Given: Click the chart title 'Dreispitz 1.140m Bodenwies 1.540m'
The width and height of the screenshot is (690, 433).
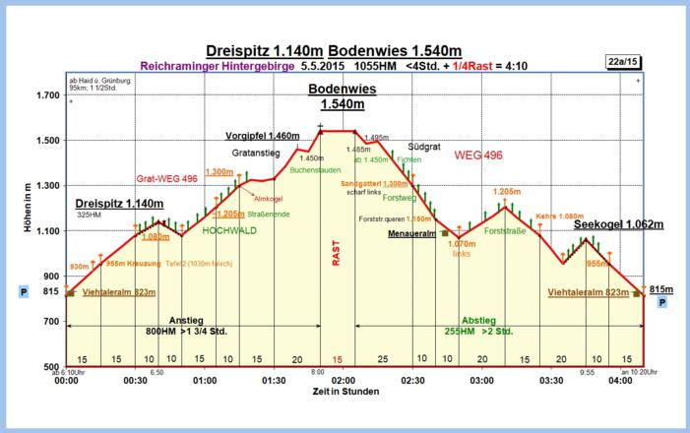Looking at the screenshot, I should pyautogui.click(x=335, y=50).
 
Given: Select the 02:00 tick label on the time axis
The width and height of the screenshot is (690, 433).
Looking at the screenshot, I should pyautogui.click(x=344, y=380).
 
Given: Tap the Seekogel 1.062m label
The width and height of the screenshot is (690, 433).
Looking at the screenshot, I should pyautogui.click(x=618, y=224).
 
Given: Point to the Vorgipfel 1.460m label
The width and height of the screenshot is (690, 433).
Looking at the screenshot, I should pyautogui.click(x=261, y=135).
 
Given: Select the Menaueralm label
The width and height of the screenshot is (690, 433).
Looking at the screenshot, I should pyautogui.click(x=411, y=234).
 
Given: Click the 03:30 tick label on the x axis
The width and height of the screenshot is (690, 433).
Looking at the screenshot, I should pyautogui.click(x=551, y=380).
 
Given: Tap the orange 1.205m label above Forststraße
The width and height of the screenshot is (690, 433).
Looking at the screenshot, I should pyautogui.click(x=507, y=192).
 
